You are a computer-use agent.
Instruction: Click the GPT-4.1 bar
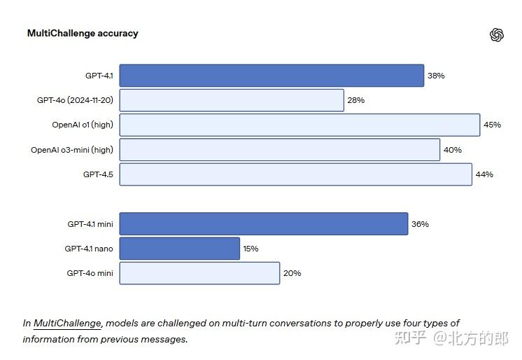[271, 76]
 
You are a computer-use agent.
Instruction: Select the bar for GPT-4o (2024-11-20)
[232, 100]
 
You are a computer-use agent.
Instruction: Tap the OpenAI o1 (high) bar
[299, 125]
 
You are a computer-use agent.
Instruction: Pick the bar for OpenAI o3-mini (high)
[280, 150]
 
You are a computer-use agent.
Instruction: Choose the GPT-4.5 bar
[295, 174]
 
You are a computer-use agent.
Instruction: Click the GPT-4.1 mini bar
[264, 224]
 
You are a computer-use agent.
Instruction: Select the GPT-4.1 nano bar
[180, 249]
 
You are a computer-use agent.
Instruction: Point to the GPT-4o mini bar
[199, 273]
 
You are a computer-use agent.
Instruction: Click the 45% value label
[492, 125]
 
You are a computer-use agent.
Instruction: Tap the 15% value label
[251, 249]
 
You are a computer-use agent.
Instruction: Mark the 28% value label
[355, 100]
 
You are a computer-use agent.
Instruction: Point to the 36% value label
[420, 224]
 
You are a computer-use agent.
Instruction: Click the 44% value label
[484, 174]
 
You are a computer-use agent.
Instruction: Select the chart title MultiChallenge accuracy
[83, 33]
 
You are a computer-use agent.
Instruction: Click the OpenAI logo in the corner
[497, 35]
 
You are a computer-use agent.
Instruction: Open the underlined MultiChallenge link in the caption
[68, 323]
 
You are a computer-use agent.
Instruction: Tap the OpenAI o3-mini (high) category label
[72, 150]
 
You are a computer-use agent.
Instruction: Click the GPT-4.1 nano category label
[89, 249]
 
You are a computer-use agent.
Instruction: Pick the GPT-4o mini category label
[90, 273]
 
